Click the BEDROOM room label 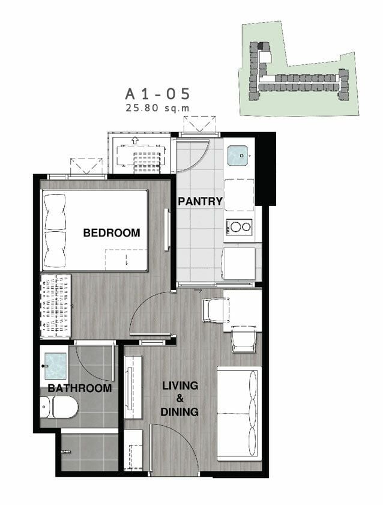click(x=112, y=232)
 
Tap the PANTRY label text click(x=200, y=201)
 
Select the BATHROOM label click(x=79, y=388)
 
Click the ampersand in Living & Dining click(x=180, y=399)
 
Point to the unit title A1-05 click(x=157, y=94)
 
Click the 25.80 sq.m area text click(x=157, y=108)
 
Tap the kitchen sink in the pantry click(x=238, y=156)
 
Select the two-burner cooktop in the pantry click(x=239, y=227)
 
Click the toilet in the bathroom click(x=59, y=407)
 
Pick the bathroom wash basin click(x=55, y=366)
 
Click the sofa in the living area click(x=238, y=413)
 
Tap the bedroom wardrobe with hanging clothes click(x=55, y=306)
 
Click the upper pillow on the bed click(x=55, y=212)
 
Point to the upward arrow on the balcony click(x=135, y=141)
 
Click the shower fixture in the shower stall click(x=65, y=451)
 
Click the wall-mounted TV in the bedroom click(x=166, y=229)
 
